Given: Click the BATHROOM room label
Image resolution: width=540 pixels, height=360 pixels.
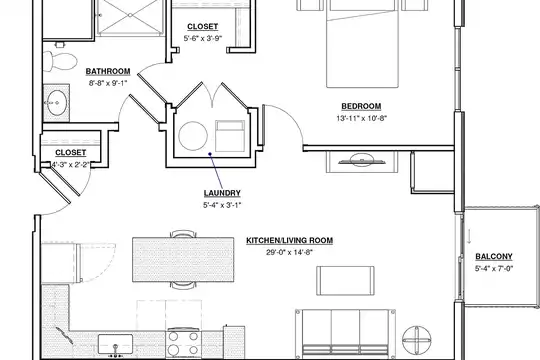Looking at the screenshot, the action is (108, 71).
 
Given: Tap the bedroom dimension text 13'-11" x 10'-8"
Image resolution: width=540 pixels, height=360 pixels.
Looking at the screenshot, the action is (362, 118).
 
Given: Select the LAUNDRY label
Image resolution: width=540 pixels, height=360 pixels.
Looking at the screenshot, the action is (222, 193).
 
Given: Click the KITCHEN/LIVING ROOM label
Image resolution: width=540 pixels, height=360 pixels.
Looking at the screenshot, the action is (289, 240).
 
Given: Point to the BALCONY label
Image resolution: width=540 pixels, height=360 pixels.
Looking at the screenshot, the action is (494, 257).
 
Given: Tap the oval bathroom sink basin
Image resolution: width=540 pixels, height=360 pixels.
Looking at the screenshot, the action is (57, 103).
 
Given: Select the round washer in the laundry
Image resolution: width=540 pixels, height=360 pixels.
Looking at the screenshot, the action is (193, 136).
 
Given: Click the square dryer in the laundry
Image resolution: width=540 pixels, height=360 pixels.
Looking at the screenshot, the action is (230, 136).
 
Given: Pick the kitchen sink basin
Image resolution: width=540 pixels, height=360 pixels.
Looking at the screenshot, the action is (115, 344).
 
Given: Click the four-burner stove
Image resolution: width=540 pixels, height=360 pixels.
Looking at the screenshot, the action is (183, 343).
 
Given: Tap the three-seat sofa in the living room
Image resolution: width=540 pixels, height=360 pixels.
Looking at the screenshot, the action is (345, 332).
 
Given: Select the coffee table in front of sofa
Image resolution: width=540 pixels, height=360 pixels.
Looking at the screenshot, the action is (345, 280).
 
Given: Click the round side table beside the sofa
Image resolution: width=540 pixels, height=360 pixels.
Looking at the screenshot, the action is (417, 340).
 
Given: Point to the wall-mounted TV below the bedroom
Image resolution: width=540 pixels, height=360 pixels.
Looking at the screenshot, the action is (362, 161).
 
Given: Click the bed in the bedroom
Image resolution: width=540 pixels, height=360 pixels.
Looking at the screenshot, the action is (362, 44).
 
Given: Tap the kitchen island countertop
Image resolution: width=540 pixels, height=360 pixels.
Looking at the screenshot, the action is (183, 259).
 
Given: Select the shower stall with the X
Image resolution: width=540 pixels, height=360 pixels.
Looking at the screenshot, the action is (130, 17).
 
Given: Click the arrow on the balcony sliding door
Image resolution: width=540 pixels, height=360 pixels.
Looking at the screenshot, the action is (469, 236).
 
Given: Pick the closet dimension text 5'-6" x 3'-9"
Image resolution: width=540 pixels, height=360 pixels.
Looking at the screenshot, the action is (202, 38).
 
